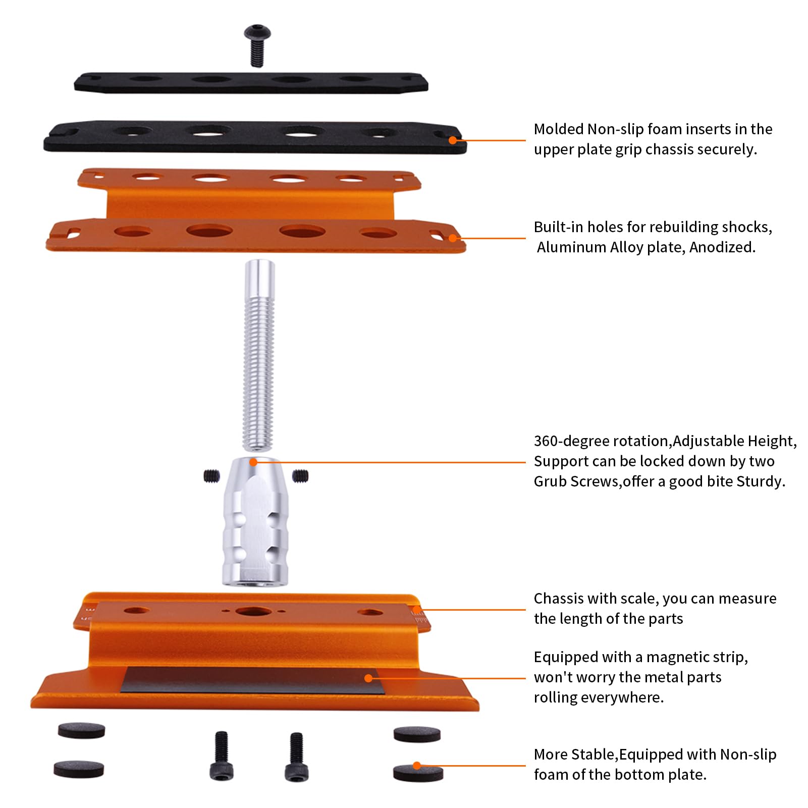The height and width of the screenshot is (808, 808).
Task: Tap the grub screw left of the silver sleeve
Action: (x=212, y=475)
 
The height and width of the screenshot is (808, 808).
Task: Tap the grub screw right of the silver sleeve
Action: (x=300, y=475)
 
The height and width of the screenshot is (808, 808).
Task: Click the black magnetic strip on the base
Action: (x=252, y=680)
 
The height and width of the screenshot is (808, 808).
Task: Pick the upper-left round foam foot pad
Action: (x=81, y=730)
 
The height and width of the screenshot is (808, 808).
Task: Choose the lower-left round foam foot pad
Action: (x=79, y=769)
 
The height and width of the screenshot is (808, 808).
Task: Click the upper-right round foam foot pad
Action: (x=417, y=734)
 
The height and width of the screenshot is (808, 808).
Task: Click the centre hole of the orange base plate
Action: (x=250, y=612)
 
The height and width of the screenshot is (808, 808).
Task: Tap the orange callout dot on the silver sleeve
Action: (x=253, y=462)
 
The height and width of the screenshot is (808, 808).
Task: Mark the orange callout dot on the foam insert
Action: (x=453, y=140)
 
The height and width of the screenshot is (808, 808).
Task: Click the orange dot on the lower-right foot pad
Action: (x=417, y=766)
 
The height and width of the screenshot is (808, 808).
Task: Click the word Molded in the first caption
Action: (x=559, y=129)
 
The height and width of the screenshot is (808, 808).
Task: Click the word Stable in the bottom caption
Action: (x=595, y=755)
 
